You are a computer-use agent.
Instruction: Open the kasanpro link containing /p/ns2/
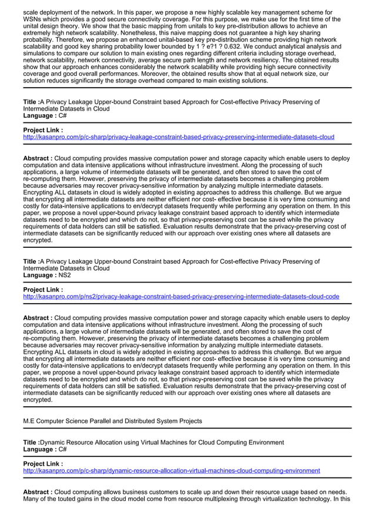(180, 297)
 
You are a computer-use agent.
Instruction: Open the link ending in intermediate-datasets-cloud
(178, 137)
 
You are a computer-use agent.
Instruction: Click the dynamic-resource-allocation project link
(171, 471)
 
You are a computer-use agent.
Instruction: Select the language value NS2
(66, 275)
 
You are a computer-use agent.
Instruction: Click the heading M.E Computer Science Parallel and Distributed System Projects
(112, 422)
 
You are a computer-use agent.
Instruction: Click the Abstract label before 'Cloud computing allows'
(37, 492)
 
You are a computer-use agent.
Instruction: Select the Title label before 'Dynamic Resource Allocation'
(31, 443)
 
